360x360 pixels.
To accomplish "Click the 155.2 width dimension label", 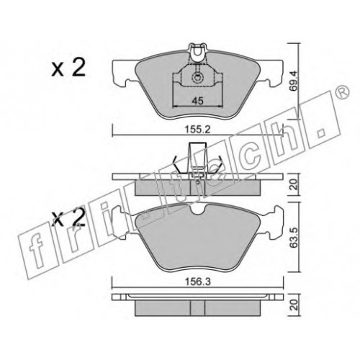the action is tap(197, 130).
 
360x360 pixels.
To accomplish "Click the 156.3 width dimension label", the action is tap(198, 282).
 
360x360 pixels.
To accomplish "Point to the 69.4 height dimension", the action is tap(293, 81).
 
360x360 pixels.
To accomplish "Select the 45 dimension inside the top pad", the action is tap(198, 101).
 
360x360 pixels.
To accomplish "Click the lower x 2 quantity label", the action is tap(68, 217).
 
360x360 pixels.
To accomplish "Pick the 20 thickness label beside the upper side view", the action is tap(294, 184).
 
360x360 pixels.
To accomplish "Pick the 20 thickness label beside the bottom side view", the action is tap(294, 305).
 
